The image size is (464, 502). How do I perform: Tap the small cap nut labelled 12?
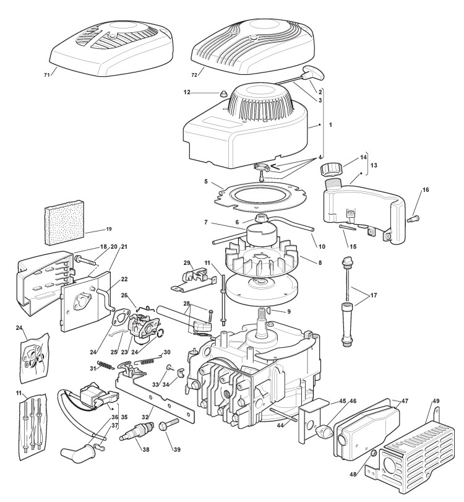[x=223, y=93]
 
